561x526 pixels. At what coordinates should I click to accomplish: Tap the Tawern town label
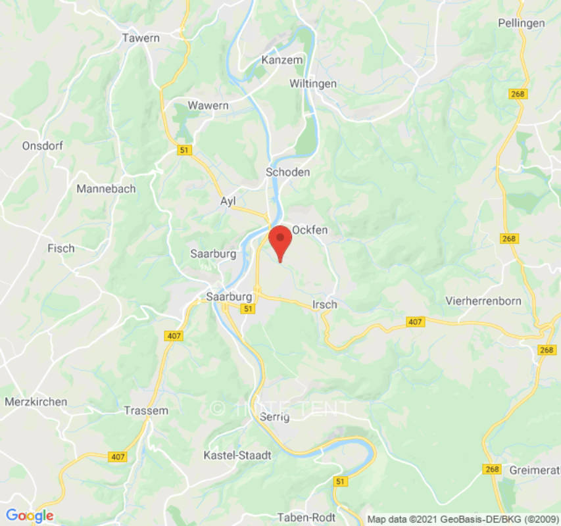[141, 38]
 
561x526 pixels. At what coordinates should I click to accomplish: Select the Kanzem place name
[282, 60]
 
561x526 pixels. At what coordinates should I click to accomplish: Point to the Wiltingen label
[313, 84]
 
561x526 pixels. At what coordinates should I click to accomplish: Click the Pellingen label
[522, 23]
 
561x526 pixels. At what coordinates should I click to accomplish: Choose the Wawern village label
[208, 105]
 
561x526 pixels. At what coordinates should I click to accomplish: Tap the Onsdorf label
[42, 146]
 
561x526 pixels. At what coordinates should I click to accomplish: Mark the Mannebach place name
[106, 189]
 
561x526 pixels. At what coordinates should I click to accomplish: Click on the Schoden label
[287, 172]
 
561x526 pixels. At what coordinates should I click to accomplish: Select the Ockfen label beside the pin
[310, 230]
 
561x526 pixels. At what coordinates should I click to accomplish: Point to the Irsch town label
[325, 304]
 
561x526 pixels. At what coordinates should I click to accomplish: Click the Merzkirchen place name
[36, 402]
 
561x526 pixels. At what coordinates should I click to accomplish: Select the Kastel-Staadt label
[237, 455]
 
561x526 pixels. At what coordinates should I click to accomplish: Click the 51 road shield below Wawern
[185, 151]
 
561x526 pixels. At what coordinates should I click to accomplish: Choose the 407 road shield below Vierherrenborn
[414, 322]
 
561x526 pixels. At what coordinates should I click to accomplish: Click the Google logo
[30, 515]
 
